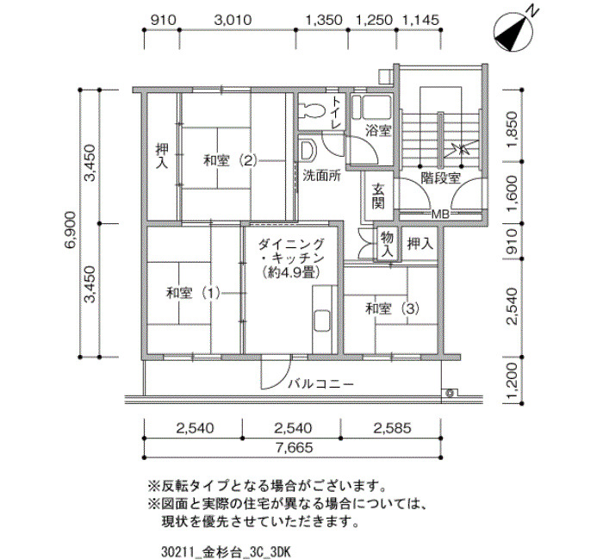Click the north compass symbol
click(x=513, y=32)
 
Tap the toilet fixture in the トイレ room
click(x=312, y=109)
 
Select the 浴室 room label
click(x=378, y=131)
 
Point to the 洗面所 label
click(x=322, y=176)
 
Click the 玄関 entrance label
click(x=378, y=196)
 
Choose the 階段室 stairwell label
click(x=440, y=177)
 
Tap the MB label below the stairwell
click(x=440, y=215)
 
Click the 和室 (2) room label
click(x=230, y=160)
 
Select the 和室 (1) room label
click(x=193, y=294)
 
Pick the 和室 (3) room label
click(x=392, y=308)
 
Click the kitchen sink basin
click(x=322, y=320)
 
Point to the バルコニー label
click(x=321, y=384)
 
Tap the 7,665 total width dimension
click(x=294, y=447)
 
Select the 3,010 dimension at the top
click(x=233, y=20)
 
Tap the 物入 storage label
click(x=387, y=245)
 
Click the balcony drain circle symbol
click(x=450, y=393)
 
